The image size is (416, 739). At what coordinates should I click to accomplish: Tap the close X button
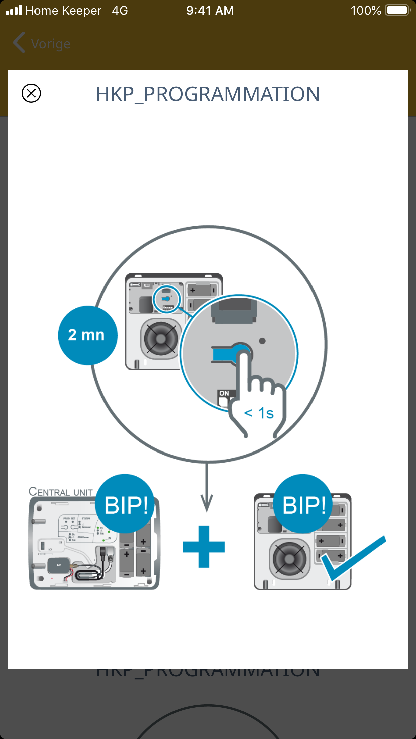[x=31, y=93]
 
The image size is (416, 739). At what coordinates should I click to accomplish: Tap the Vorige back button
[x=42, y=44]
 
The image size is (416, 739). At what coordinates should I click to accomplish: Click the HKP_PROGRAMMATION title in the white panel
[x=208, y=94]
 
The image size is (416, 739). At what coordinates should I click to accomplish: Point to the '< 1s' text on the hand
[x=259, y=413]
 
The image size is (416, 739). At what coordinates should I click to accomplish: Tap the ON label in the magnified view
[x=224, y=393]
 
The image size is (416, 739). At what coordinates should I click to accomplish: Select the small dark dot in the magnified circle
[x=262, y=341]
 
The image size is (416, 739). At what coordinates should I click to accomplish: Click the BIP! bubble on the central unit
[x=126, y=504]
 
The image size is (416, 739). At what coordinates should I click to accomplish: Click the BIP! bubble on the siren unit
[x=304, y=504]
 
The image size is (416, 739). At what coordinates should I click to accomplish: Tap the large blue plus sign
[x=204, y=547]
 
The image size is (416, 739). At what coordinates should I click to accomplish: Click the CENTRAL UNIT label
[x=61, y=492]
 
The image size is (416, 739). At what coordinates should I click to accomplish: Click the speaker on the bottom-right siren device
[x=289, y=558]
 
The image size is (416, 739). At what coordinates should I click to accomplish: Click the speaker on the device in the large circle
[x=161, y=339]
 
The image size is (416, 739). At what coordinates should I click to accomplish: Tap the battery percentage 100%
[x=366, y=11]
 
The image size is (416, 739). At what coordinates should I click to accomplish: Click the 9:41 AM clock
[x=210, y=11]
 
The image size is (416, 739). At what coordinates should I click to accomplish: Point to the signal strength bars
[x=14, y=10]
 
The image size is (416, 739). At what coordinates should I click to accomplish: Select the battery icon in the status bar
[x=398, y=10]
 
